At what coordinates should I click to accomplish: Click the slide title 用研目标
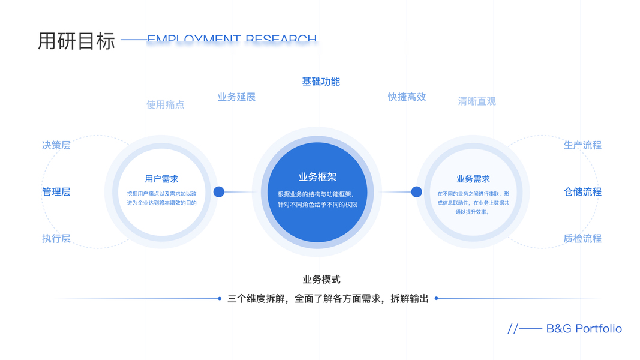coord(76,41)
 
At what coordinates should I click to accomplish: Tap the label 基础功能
coord(321,82)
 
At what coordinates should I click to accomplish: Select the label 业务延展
coord(236,97)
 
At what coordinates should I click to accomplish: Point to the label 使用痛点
coord(165,104)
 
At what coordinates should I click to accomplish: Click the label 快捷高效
coord(407,97)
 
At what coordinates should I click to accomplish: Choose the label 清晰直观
coord(477,101)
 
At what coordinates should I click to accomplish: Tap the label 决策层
coord(56,145)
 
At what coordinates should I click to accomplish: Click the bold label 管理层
coord(56,192)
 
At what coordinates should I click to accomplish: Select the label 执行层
coord(56,238)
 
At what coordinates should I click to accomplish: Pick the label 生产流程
coord(582,145)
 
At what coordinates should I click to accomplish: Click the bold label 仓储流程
coord(582,192)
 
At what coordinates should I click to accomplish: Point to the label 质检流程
coord(582,238)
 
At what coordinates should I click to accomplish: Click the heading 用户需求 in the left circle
coord(161,179)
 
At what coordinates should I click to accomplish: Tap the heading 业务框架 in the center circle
coord(317,177)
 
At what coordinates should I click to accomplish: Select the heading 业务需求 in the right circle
coord(473,179)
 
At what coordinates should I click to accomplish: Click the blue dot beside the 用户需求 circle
coord(219,192)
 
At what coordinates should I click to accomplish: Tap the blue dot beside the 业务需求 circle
coord(416,192)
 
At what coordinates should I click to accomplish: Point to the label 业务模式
coord(321,280)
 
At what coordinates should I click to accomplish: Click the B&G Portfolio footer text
coord(584,329)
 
